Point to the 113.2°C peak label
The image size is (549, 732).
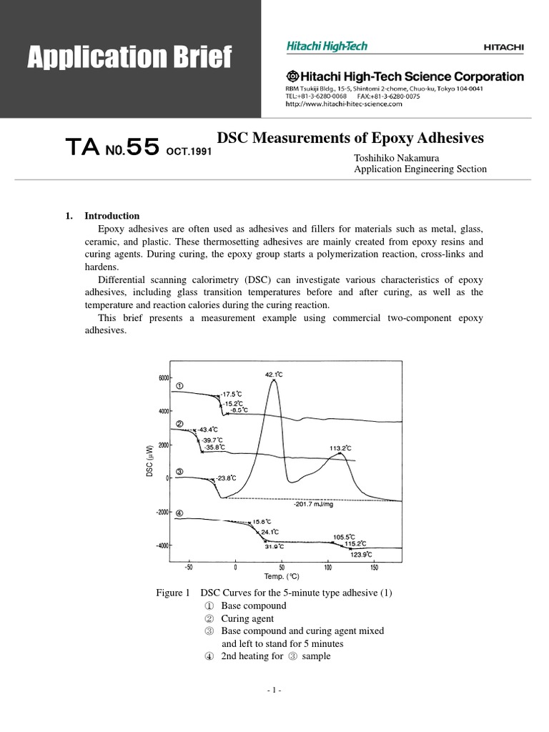point(340,448)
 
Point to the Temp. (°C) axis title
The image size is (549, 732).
point(282,576)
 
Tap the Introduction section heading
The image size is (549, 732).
point(112,216)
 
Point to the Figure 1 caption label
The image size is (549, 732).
point(172,593)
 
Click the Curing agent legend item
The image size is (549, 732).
point(247,618)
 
